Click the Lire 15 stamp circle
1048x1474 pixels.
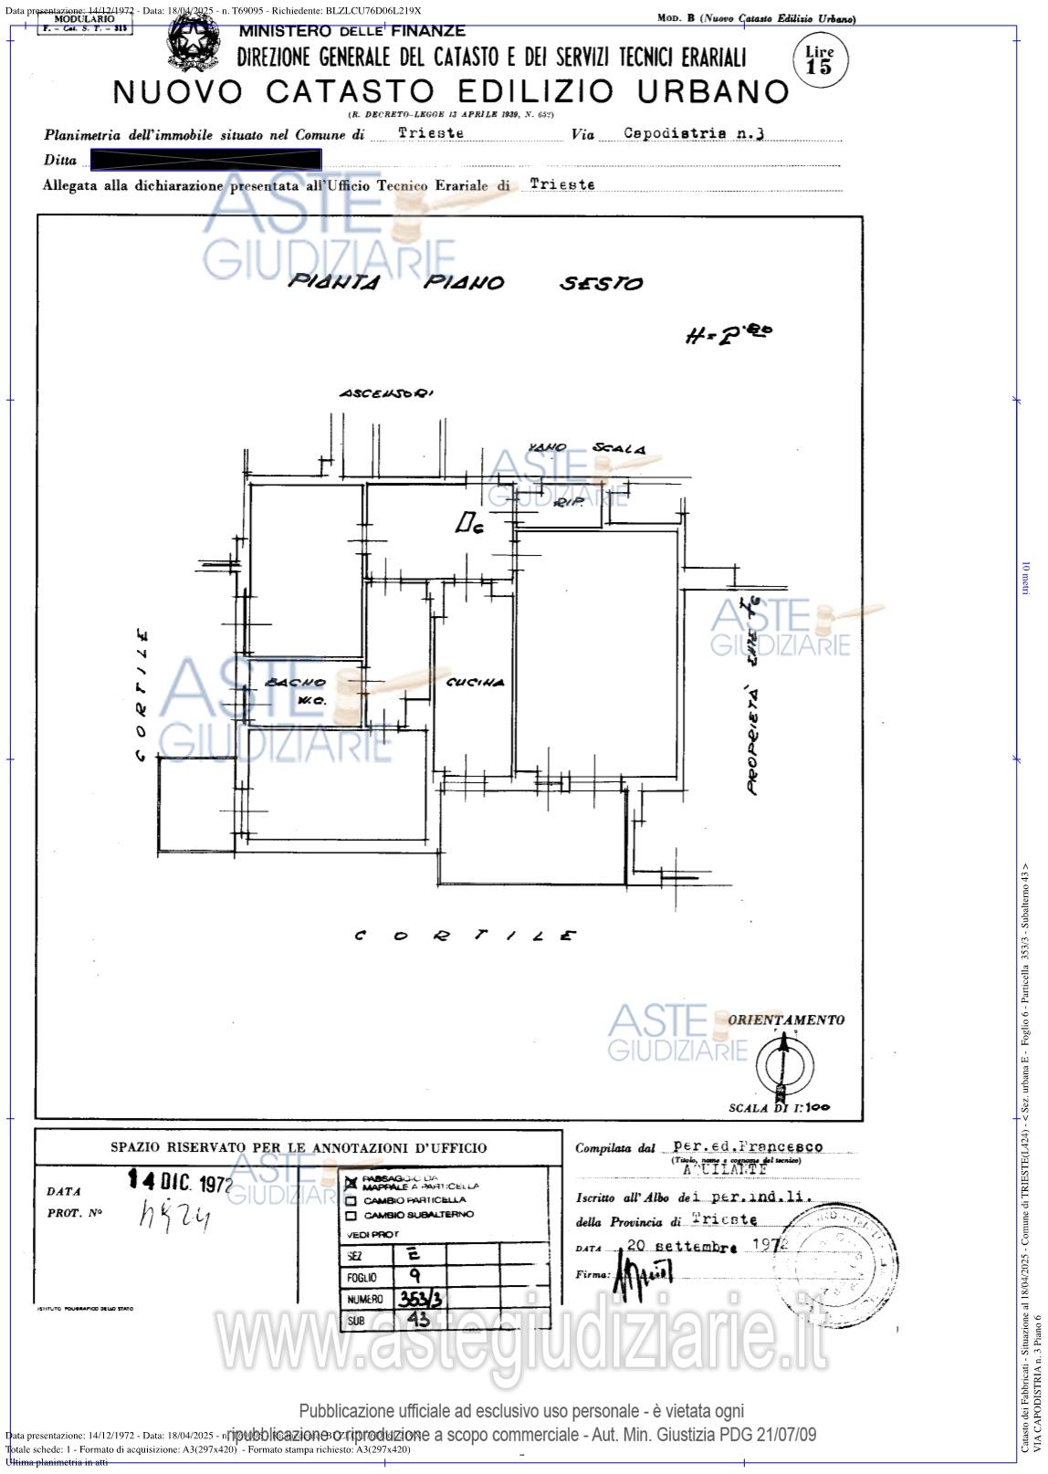(x=820, y=59)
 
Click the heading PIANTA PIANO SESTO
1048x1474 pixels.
(x=465, y=283)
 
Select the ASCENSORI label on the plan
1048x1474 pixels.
(x=386, y=393)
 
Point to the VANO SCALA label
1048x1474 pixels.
(x=587, y=448)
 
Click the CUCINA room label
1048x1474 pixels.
(x=475, y=682)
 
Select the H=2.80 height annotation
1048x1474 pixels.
(x=728, y=335)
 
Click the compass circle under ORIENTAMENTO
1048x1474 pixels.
(x=781, y=1062)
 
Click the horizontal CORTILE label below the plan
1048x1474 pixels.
(x=465, y=936)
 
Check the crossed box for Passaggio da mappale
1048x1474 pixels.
(x=351, y=1182)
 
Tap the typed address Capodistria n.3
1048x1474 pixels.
(x=694, y=132)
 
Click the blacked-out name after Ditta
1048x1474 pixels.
(x=206, y=161)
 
